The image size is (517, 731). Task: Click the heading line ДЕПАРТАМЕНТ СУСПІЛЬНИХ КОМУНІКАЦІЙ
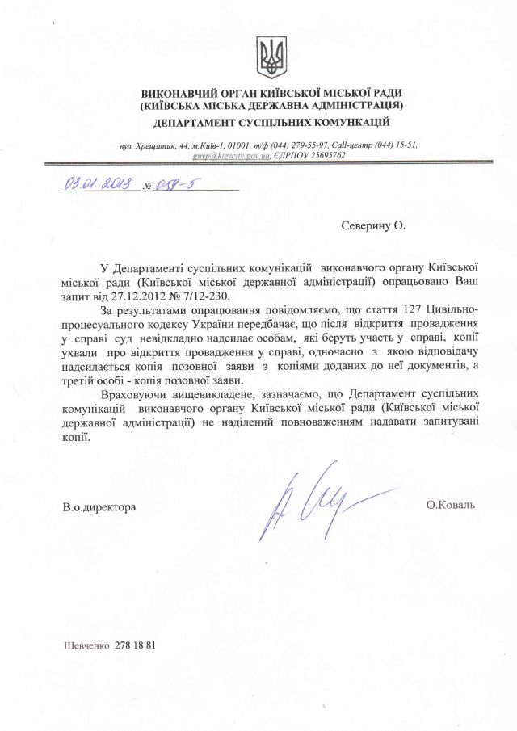[271, 122]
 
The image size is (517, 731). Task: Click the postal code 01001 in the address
[245, 145]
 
